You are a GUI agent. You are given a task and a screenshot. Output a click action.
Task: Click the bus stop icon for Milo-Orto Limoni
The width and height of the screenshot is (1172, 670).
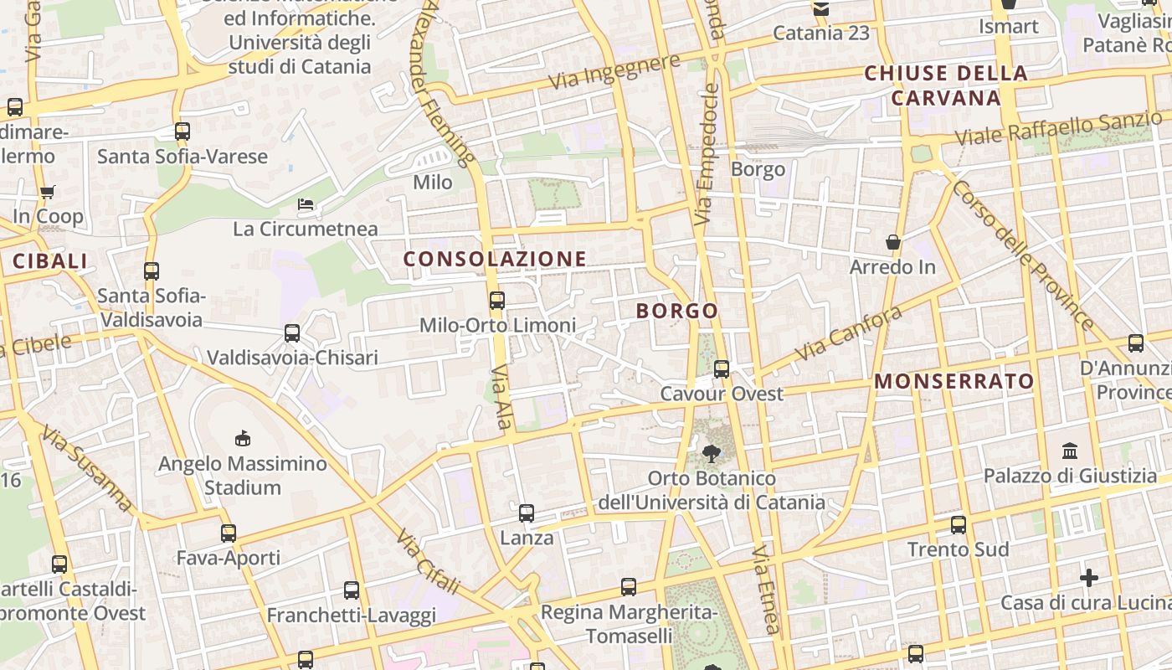pos(497,300)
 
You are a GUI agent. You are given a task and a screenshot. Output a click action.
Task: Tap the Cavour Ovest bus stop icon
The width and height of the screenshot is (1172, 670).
pos(722,368)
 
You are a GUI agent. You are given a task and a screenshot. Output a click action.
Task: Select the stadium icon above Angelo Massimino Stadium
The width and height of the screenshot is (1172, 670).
pos(243,438)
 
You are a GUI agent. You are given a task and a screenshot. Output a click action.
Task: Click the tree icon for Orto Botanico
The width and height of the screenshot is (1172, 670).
pos(712,453)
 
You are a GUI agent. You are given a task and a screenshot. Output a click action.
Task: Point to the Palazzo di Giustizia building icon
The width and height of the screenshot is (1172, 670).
pos(1070,451)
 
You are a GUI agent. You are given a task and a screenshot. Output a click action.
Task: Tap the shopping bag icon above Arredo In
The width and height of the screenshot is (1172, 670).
pos(893,242)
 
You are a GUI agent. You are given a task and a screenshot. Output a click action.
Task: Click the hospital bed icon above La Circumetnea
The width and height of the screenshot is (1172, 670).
pos(306,204)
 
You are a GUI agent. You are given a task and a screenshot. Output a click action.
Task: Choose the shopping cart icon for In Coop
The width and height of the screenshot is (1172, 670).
pos(48,192)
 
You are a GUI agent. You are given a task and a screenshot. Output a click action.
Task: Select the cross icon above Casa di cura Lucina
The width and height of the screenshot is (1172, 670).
pos(1088,578)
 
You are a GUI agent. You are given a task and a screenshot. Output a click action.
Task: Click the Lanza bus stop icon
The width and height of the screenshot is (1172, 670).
pos(527,513)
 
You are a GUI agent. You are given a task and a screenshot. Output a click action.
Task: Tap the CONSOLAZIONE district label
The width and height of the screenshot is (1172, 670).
pos(496,259)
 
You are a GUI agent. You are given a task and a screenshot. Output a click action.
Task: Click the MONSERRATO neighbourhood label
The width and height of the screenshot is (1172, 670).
pos(954,382)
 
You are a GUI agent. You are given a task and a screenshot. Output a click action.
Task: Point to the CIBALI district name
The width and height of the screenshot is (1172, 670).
pos(50,261)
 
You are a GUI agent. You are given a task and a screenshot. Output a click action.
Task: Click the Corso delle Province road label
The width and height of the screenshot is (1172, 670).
pos(1022,254)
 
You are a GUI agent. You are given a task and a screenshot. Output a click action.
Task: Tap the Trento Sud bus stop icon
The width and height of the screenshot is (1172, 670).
pos(959,525)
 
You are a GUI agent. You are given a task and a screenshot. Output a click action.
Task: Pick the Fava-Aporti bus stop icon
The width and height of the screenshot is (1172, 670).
pos(229,533)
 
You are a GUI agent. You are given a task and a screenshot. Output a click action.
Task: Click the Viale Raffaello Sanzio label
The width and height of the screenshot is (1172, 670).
pos(1059,128)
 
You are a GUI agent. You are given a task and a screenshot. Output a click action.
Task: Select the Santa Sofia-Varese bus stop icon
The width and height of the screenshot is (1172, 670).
pos(182,131)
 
